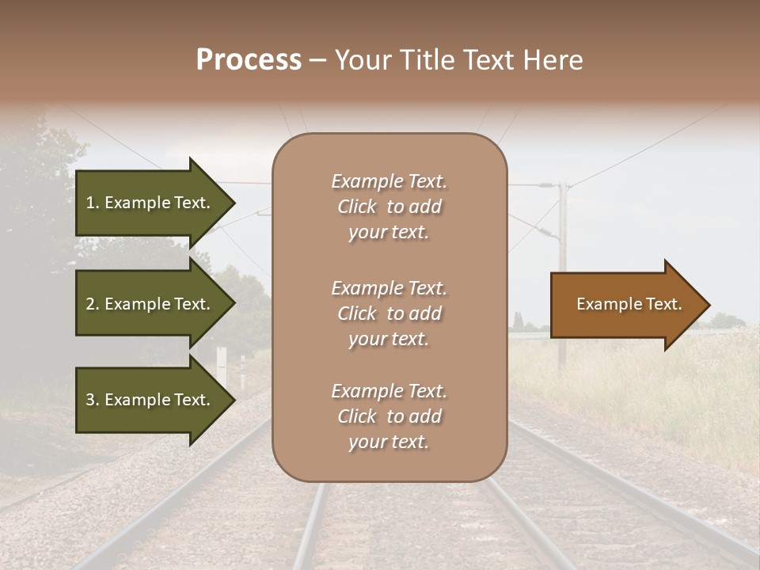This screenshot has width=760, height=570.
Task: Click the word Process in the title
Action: [x=249, y=60]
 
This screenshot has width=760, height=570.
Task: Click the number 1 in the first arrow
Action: [x=90, y=203]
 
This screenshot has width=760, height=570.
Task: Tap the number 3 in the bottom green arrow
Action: [x=90, y=400]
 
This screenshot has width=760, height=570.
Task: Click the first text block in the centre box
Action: [x=389, y=207]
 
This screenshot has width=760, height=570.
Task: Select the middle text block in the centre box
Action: [x=389, y=313]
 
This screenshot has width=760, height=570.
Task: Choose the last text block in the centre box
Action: [x=389, y=416]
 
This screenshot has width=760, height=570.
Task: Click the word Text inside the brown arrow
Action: [x=663, y=304]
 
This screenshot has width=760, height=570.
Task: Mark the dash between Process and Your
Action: [x=317, y=60]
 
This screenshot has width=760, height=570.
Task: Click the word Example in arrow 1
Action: [x=138, y=203]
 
